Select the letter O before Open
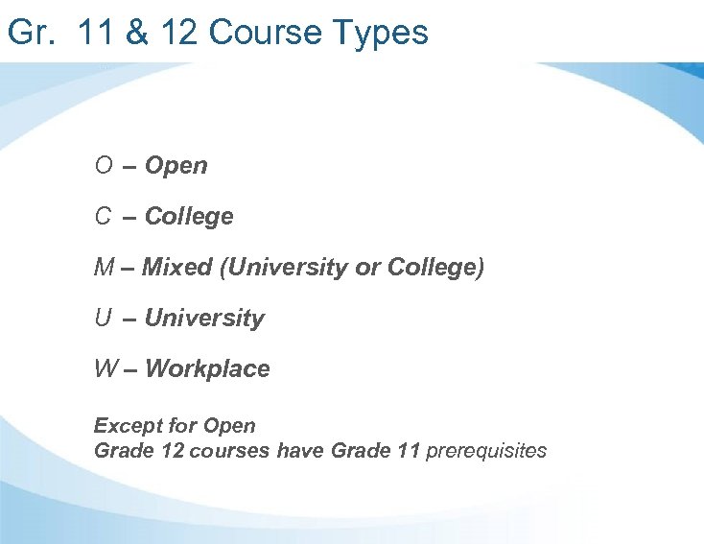104,166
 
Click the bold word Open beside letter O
176,166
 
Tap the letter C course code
103,217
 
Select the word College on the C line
189,217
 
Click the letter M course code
104,268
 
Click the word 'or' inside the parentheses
367,268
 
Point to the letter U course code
103,319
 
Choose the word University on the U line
204,319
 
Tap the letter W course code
106,369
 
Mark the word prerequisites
486,451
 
